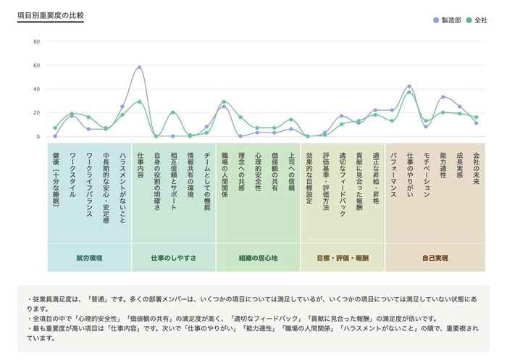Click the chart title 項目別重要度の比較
point(50,15)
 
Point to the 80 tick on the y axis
point(36,41)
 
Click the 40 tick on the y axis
point(36,89)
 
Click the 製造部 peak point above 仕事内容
point(139,67)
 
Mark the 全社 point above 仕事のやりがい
point(409,92)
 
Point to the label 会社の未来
point(476,168)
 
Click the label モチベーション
point(426,175)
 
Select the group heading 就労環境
point(89,258)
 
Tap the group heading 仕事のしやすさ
point(173,258)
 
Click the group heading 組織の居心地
point(258,258)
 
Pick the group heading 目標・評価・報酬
point(342,258)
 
